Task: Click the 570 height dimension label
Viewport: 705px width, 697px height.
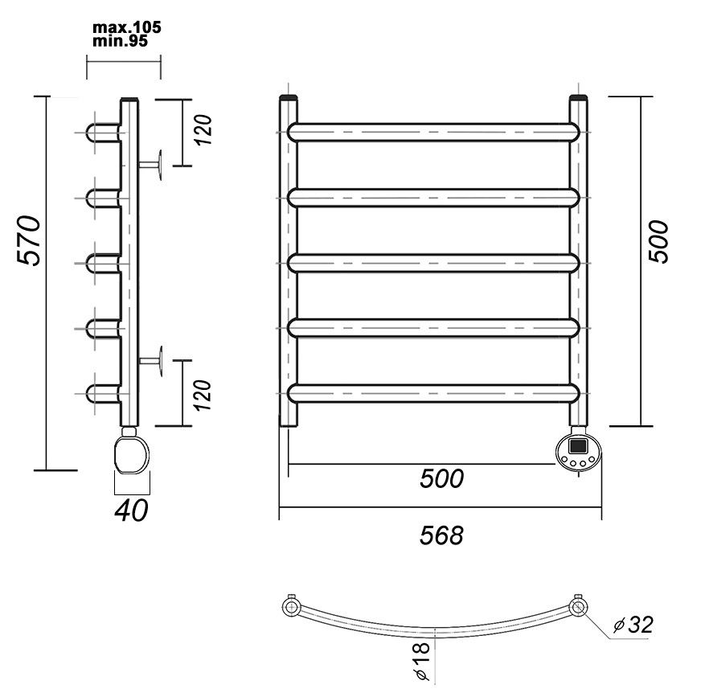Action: pyautogui.click(x=29, y=240)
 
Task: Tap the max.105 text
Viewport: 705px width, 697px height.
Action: pyautogui.click(x=126, y=27)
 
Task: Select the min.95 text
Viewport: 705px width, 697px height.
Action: pyautogui.click(x=120, y=41)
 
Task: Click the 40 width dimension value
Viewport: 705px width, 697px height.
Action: pyautogui.click(x=131, y=510)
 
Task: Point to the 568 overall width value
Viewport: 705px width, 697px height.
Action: pyautogui.click(x=441, y=535)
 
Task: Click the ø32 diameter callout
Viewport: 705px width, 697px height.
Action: pyautogui.click(x=633, y=624)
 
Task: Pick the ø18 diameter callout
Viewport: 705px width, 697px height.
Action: pyautogui.click(x=423, y=661)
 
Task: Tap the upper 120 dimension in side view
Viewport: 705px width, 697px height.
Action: pyautogui.click(x=203, y=129)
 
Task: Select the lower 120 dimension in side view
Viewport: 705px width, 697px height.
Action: pyautogui.click(x=203, y=395)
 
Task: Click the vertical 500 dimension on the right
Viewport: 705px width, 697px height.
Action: pyautogui.click(x=658, y=241)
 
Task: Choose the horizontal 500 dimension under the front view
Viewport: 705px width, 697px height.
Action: pyautogui.click(x=441, y=478)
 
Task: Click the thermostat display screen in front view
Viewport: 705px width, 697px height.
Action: pyautogui.click(x=578, y=446)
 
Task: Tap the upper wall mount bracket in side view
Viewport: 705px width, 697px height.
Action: pyautogui.click(x=150, y=165)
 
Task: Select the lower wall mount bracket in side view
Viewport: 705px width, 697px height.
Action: pyautogui.click(x=150, y=360)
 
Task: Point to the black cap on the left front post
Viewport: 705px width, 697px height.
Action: pyautogui.click(x=288, y=97)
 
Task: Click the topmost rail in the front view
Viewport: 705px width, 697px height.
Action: pyautogui.click(x=432, y=132)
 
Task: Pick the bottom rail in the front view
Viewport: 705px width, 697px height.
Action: pyautogui.click(x=432, y=393)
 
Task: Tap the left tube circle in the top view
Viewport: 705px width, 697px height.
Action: pyautogui.click(x=291, y=607)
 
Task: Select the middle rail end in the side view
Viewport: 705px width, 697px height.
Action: pyautogui.click(x=104, y=263)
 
